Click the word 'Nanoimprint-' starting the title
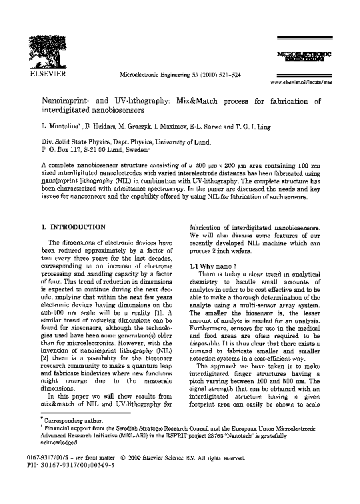pyautogui.click(x=69, y=101)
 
